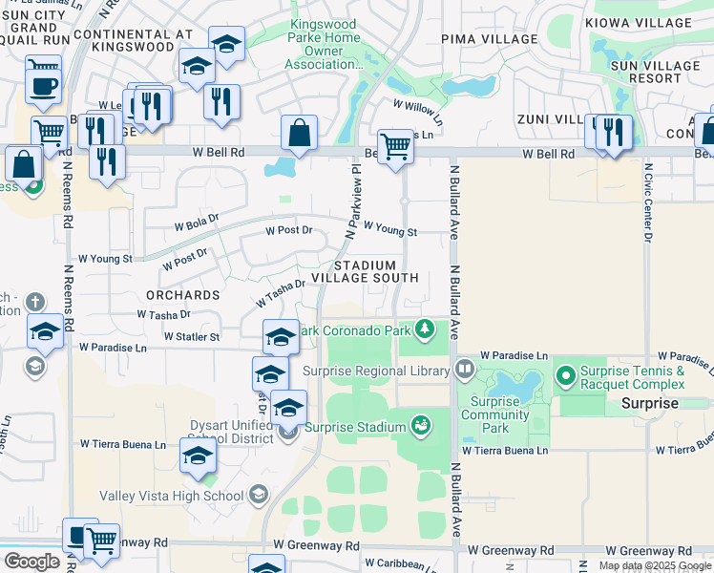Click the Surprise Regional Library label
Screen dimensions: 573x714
coord(376,371)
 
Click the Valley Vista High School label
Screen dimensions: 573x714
coord(188,495)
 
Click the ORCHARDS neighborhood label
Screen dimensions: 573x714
coord(182,295)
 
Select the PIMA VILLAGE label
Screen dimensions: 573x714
coord(489,39)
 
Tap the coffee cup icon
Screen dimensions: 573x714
coord(43,87)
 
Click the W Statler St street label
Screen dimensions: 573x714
coord(192,336)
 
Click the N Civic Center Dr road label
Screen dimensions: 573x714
coord(647,216)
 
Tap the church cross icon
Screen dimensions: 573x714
coord(34,302)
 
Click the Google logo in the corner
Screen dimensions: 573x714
coord(31,562)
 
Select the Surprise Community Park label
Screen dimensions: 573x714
coord(495,408)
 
